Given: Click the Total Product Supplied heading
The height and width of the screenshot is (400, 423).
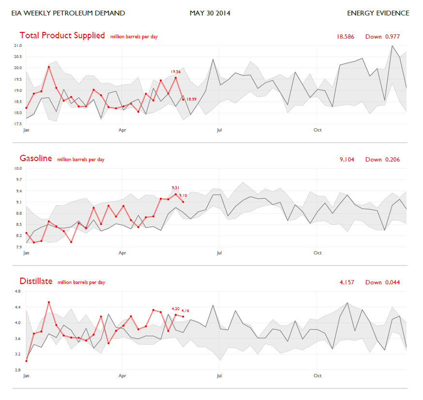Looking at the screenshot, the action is (62, 36).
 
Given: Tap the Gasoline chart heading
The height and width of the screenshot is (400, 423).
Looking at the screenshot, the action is (36, 158).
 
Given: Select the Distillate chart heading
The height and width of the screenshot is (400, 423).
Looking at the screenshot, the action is (36, 281).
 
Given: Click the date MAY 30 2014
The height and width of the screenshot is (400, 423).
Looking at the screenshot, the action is (210, 13).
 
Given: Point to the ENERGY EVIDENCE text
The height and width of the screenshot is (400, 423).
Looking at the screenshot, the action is (378, 13).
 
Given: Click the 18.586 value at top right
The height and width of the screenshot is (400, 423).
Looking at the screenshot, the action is (345, 37).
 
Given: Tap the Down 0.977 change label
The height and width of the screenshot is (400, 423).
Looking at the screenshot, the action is (382, 37).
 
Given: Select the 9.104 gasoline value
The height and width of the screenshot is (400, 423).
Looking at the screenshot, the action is (347, 160).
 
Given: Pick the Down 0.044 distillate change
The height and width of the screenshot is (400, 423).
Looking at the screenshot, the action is (382, 282).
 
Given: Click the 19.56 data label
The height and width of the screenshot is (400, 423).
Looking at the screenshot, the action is (176, 72).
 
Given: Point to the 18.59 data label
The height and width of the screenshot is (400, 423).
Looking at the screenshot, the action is (192, 99).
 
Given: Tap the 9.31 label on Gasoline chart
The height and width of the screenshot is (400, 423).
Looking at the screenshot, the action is (175, 188).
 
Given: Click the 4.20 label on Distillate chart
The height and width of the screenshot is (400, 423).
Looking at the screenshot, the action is (175, 309).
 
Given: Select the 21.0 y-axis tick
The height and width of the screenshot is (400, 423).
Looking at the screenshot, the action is (18, 45).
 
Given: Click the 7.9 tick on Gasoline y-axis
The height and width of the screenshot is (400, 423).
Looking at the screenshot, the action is (18, 247).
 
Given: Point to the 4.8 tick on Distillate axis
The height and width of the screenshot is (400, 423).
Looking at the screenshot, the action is (18, 291).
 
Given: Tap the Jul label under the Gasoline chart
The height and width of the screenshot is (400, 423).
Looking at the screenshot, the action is (219, 253).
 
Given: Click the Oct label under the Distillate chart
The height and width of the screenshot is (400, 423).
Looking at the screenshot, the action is (317, 376).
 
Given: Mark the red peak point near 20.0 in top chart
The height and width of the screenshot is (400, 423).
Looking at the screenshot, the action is (49, 67).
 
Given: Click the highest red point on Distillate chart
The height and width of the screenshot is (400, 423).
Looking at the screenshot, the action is (49, 302).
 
